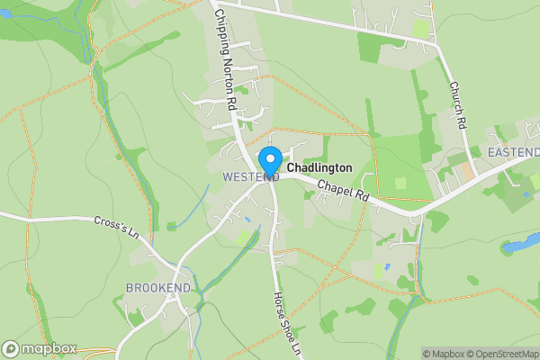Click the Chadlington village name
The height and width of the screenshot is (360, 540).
[x=319, y=168]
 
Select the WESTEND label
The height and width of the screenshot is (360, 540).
[x=249, y=177]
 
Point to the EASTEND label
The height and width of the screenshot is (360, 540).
[x=513, y=152]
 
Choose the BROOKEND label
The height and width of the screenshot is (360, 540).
[x=158, y=287]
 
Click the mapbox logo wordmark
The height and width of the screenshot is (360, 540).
[x=49, y=349]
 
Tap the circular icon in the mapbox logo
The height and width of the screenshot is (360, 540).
[x=12, y=349]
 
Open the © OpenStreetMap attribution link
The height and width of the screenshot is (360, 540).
[x=499, y=354]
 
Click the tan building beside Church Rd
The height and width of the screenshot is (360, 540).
[x=464, y=168]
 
